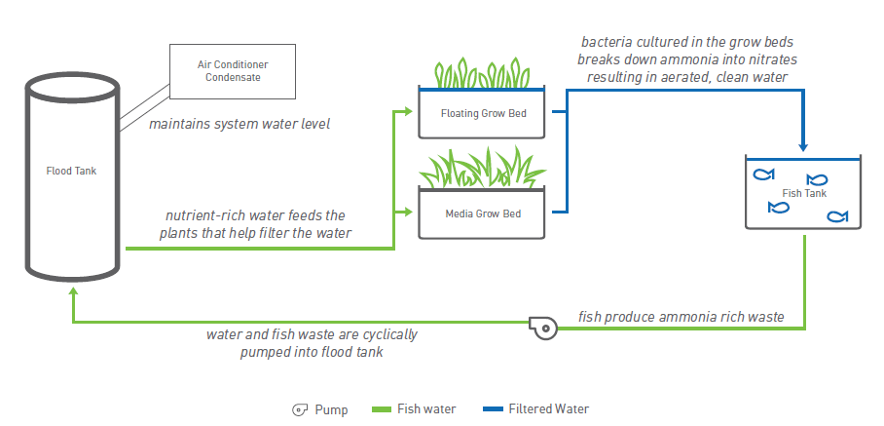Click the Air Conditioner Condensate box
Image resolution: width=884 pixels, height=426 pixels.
[233, 70]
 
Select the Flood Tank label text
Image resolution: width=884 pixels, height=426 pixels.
[72, 171]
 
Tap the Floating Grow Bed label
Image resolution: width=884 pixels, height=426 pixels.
[483, 113]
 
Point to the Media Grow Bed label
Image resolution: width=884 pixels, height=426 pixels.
[483, 213]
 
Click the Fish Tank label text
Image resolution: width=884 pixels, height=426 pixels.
[805, 193]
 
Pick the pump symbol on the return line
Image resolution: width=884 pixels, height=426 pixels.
[543, 328]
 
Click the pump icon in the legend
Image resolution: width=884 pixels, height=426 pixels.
[301, 409]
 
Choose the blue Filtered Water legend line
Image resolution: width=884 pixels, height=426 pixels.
[488, 409]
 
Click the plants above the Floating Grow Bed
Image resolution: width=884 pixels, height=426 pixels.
[482, 72]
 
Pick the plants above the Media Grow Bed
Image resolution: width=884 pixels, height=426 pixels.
[482, 169]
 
